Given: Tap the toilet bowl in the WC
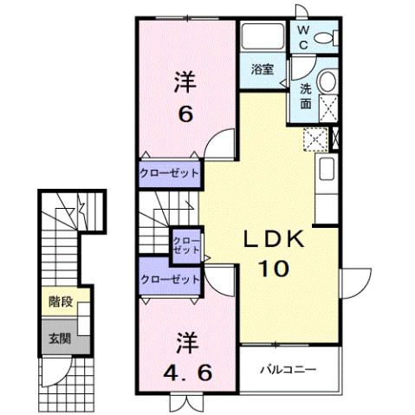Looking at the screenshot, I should tap(327, 36).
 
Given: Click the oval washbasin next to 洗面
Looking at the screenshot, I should tap(328, 82).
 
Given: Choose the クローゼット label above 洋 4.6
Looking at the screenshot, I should tap(169, 279).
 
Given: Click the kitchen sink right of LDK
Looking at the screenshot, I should tap(327, 170).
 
